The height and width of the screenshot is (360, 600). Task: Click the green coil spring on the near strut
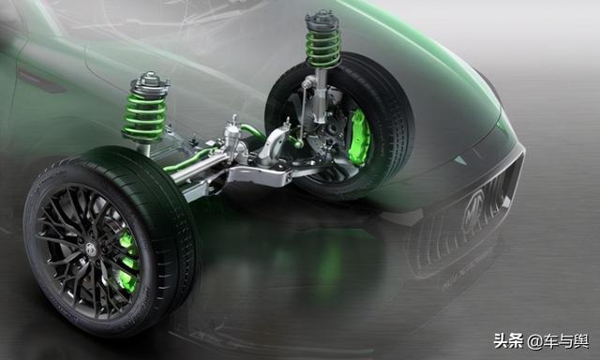click(x=144, y=115)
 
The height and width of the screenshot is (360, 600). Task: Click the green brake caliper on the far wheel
click(x=359, y=137)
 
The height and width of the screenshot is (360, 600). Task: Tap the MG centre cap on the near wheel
click(x=91, y=248)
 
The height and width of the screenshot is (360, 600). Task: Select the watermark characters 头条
click(x=508, y=340)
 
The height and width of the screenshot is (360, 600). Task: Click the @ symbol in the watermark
click(x=534, y=341)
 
